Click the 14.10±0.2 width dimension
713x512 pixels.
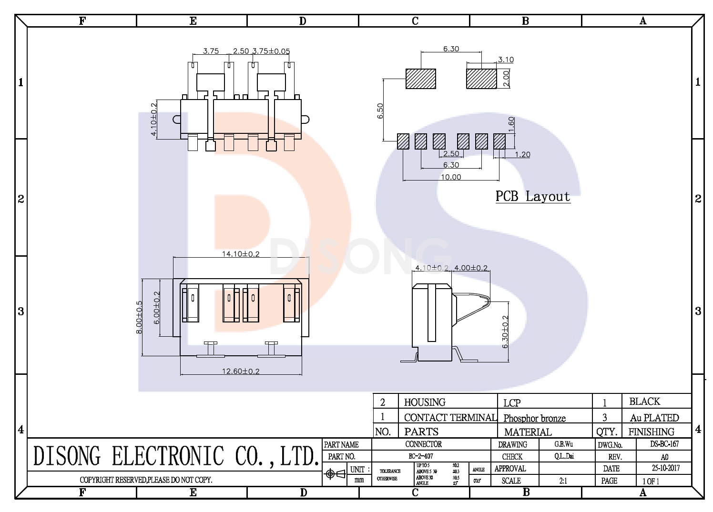point(241,254)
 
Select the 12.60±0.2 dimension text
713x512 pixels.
point(241,371)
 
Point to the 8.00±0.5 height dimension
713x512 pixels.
point(139,317)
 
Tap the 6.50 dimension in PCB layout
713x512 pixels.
point(380,110)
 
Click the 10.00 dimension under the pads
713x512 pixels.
point(451,177)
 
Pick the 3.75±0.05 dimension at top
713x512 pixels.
point(271,51)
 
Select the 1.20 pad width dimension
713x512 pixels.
point(522,154)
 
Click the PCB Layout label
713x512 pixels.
point(533,196)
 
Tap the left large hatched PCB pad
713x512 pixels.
point(421,79)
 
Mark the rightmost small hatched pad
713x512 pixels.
point(499,141)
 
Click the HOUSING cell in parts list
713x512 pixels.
point(425,402)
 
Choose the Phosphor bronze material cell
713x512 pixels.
point(534,418)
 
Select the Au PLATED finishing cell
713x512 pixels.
point(654,418)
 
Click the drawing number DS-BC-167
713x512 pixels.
point(664,444)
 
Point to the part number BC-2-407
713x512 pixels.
point(421,456)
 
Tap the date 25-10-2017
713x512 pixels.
point(665,468)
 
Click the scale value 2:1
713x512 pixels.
point(563,481)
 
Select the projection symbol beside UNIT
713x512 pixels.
point(335,474)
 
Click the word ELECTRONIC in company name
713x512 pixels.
point(168,456)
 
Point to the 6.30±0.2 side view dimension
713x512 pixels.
point(505,331)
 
